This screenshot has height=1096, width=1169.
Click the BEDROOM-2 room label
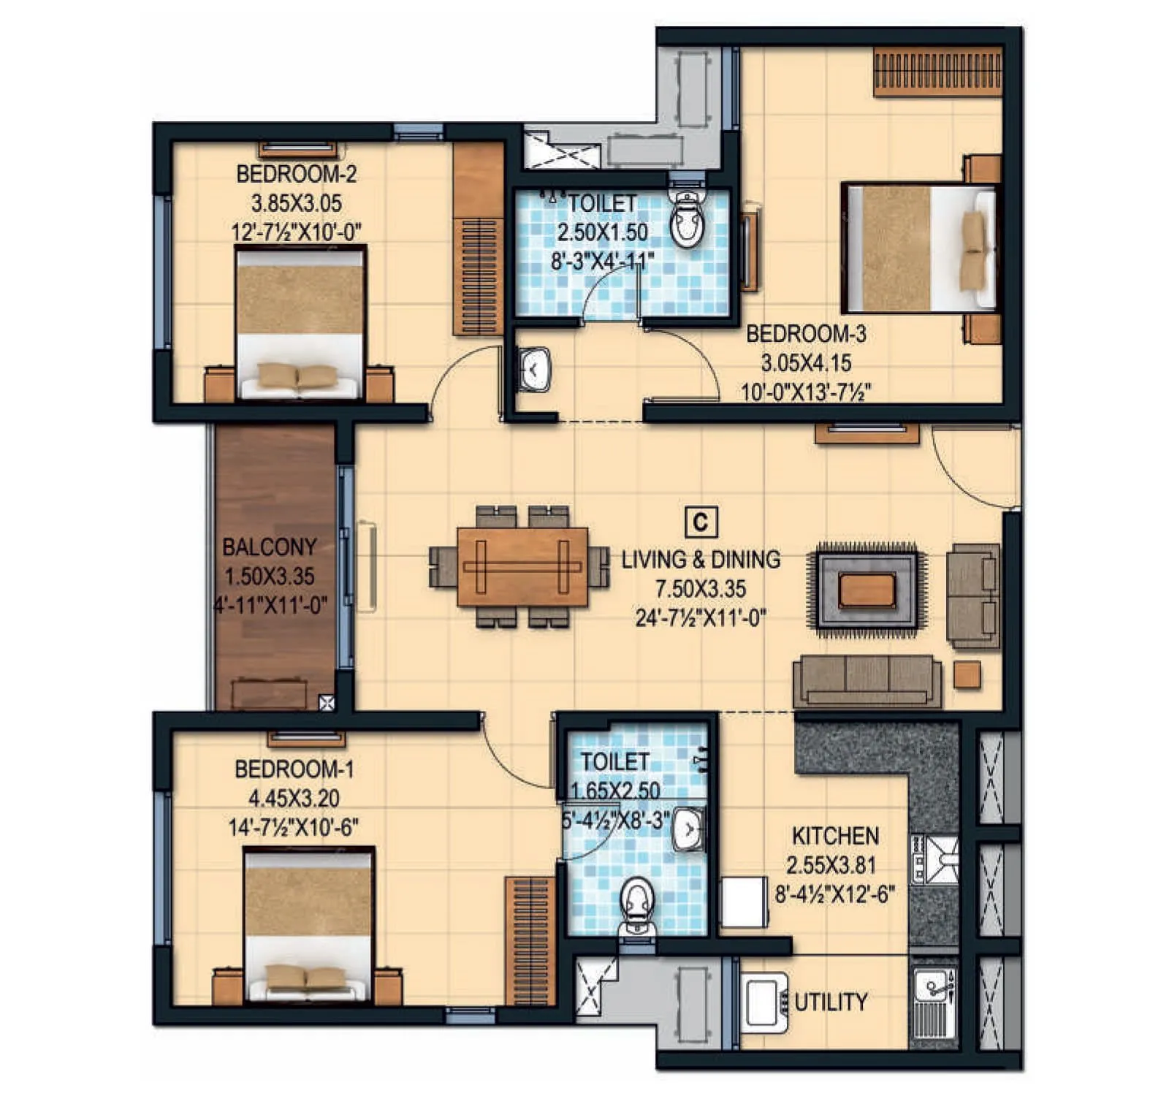296,174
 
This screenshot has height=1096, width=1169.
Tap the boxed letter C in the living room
700,522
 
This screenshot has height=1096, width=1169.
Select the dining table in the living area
522,566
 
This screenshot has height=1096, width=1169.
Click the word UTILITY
831,1002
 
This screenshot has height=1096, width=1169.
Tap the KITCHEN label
835,836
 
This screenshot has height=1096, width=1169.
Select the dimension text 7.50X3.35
701,589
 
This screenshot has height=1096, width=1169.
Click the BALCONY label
269,547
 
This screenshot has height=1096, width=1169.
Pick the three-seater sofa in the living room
867,680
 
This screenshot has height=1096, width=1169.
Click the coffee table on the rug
867,590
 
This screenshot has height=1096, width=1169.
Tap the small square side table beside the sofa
967,674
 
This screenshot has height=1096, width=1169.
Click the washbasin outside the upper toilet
535,370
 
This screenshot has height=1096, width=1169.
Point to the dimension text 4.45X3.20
294,798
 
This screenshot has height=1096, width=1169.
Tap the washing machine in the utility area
764,1002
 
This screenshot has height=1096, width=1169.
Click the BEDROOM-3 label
806,334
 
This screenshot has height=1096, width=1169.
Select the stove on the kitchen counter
934,859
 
